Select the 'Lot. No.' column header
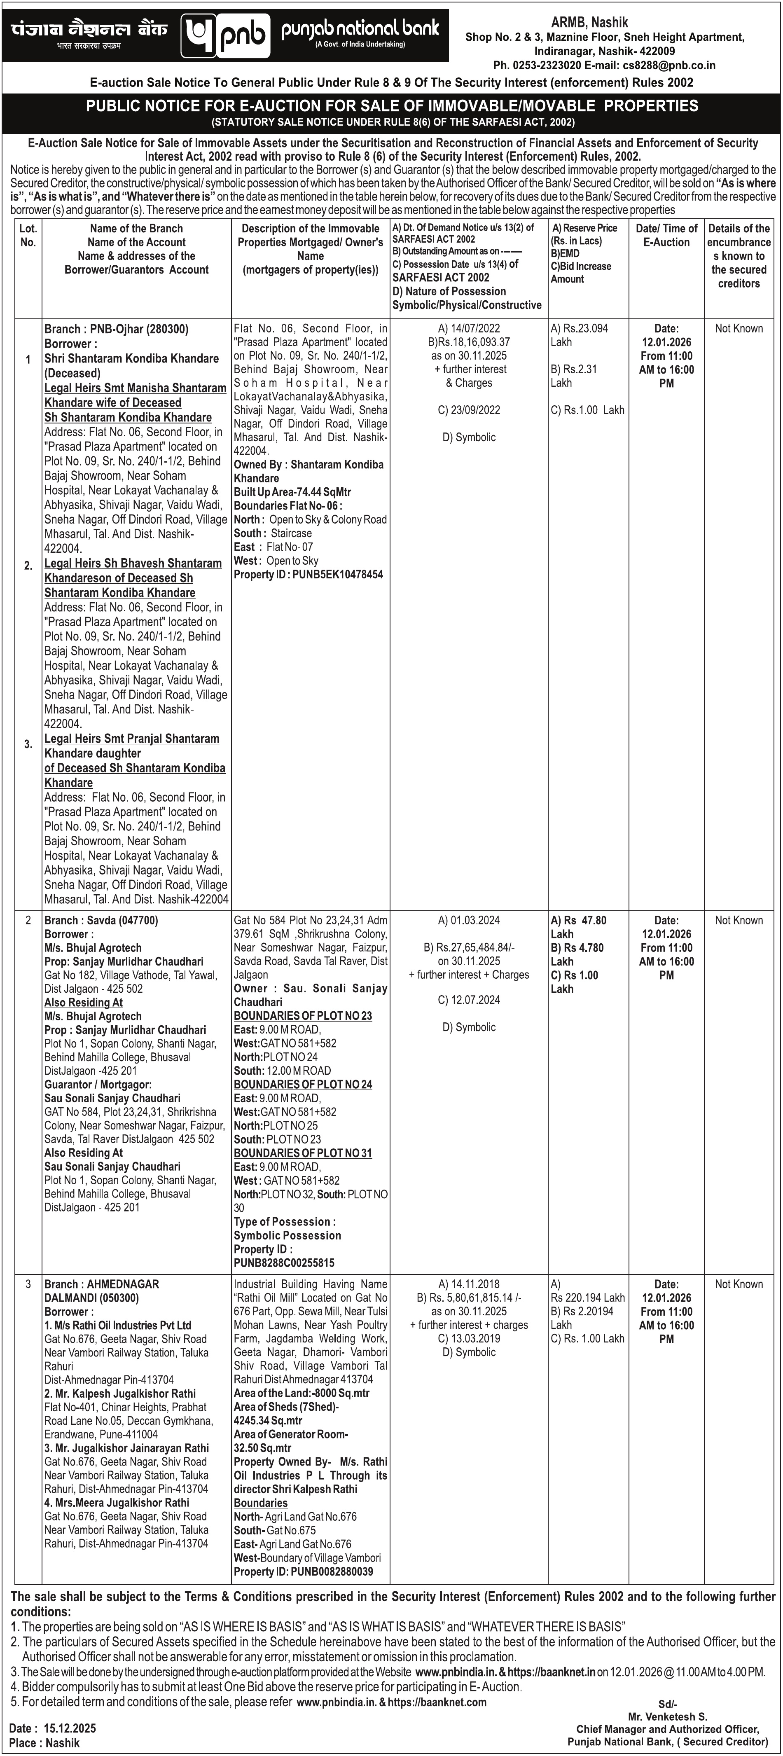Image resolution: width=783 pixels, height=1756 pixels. pos(28,235)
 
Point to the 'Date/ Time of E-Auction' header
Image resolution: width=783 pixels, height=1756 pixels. pos(666,235)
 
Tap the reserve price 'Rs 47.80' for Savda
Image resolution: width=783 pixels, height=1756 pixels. pos(578,920)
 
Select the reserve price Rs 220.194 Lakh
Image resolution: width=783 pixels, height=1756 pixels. pos(587,1298)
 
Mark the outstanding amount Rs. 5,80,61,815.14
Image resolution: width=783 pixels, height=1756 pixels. pos(469,1298)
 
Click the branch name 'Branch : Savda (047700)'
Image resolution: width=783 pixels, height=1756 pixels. pos(101,920)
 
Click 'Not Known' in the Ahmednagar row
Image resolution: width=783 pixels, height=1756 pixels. pos(739,1284)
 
